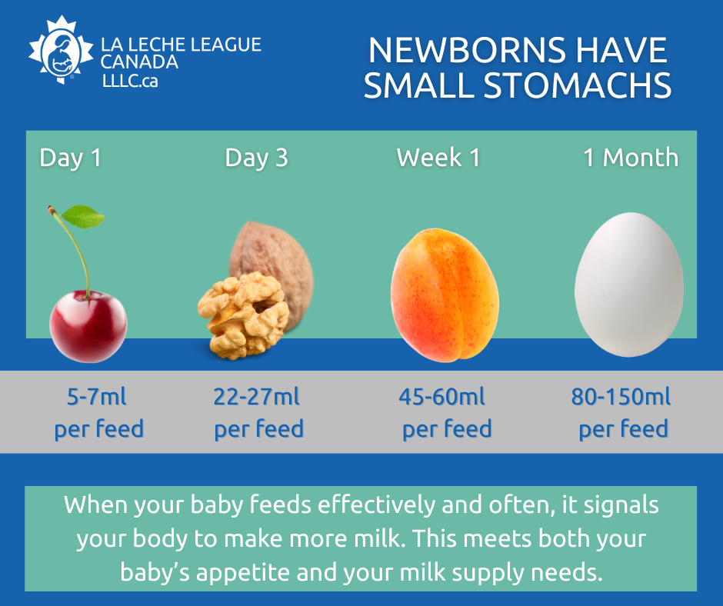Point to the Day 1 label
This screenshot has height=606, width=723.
pos(70,158)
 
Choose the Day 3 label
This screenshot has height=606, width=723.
pos(256,158)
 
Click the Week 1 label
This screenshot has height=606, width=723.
pos(438,158)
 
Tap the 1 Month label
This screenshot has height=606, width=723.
pos(631,158)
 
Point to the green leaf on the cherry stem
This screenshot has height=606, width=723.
pos(82,217)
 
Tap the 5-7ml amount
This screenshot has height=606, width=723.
pos(97,398)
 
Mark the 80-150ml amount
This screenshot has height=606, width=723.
pos(621,398)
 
